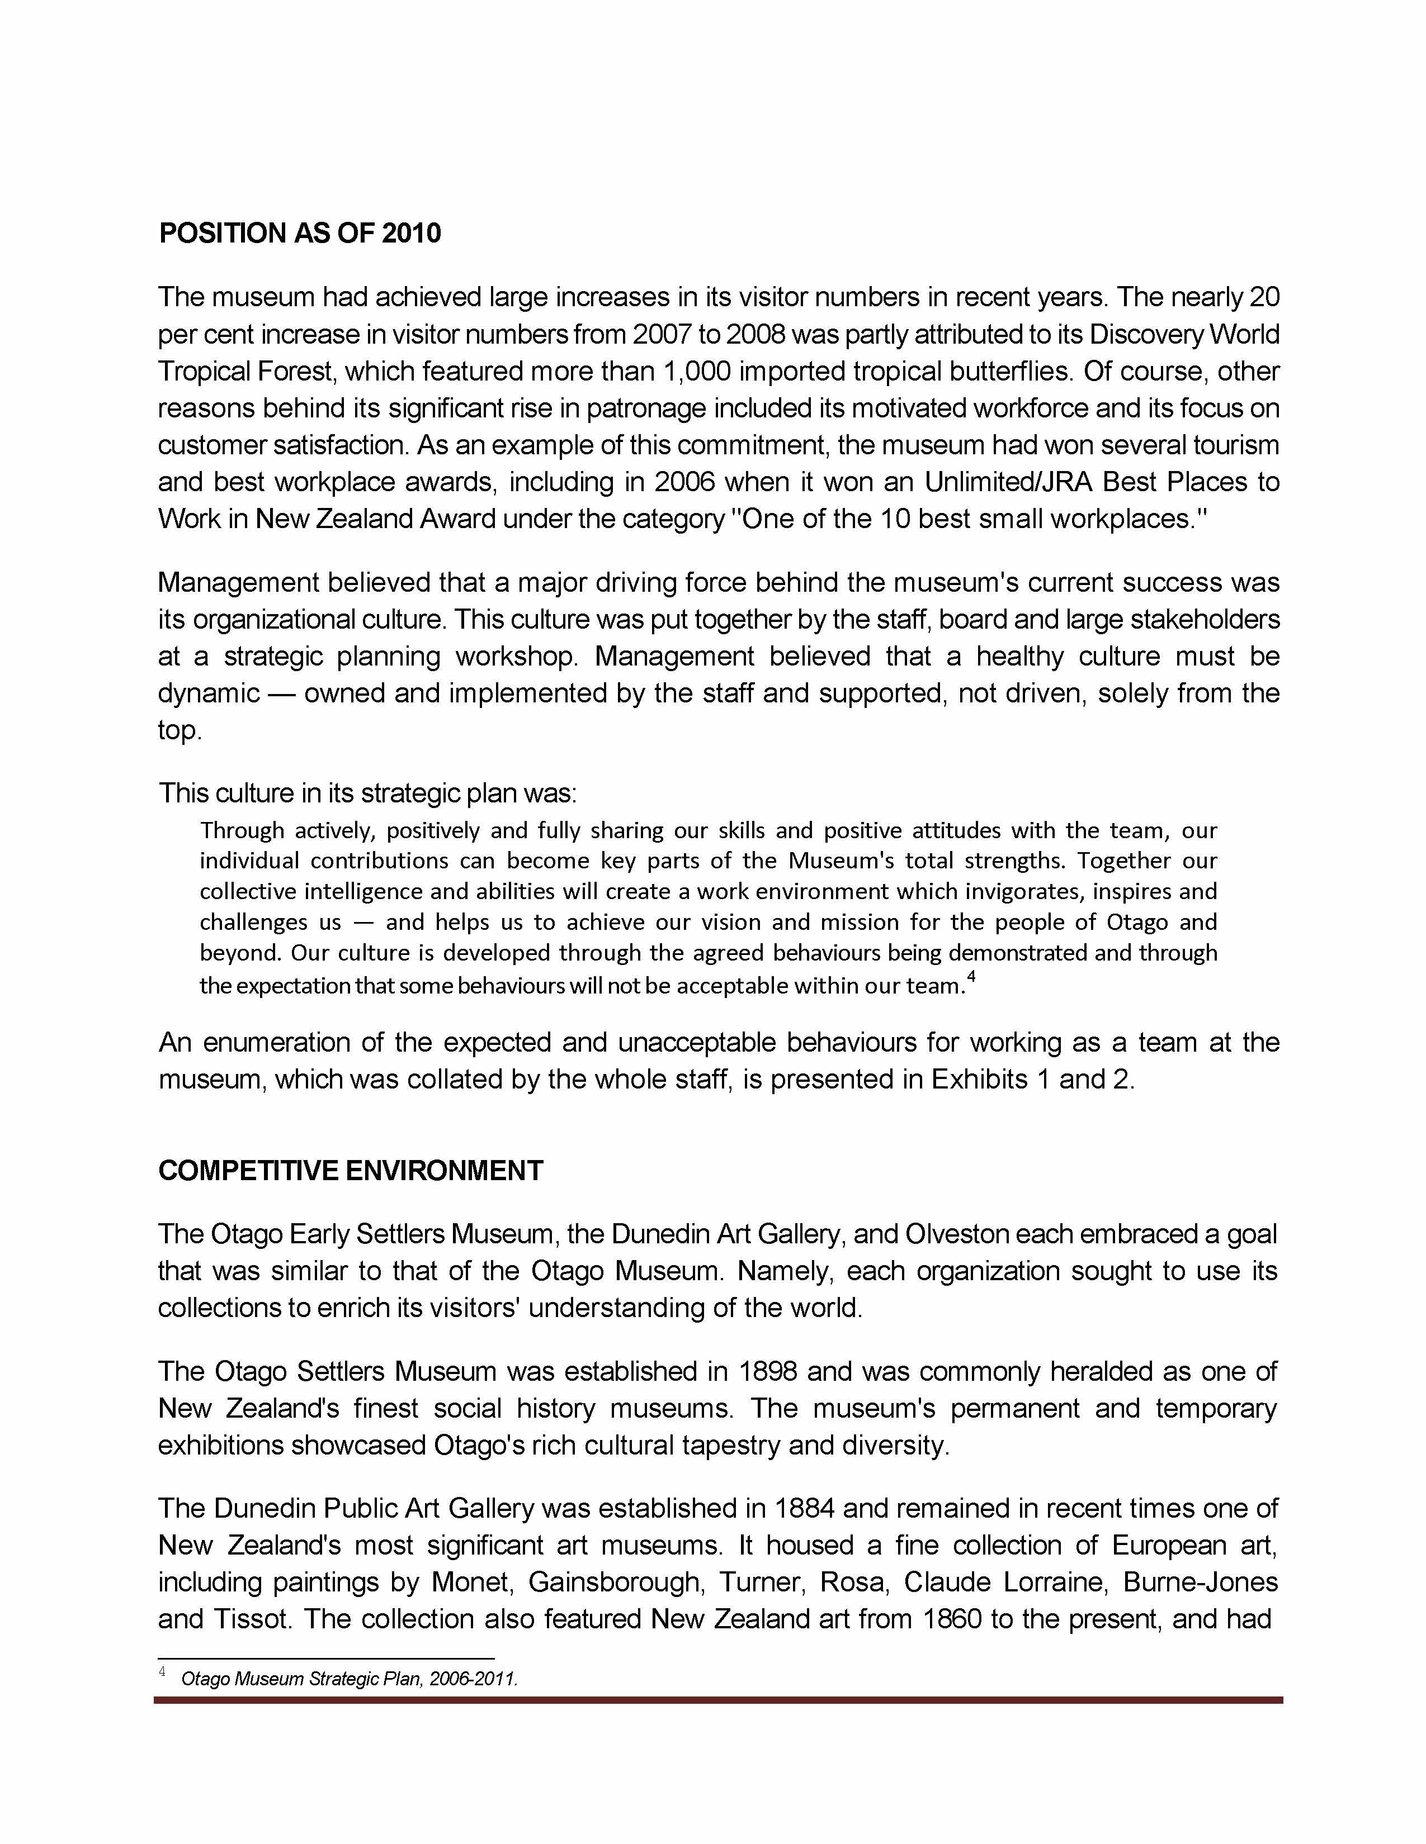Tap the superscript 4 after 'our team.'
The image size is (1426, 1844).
971,978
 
